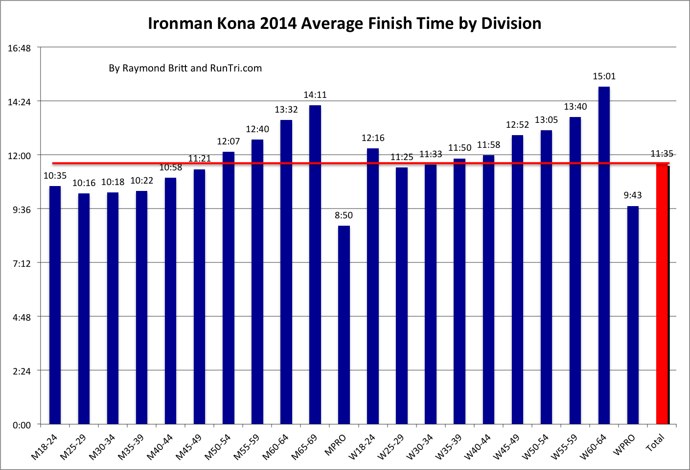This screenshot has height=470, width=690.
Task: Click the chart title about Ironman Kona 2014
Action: point(345,23)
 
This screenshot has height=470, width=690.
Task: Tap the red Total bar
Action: point(662,294)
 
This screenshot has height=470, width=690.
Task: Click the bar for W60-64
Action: point(604,255)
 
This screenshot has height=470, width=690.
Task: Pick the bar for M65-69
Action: point(315,264)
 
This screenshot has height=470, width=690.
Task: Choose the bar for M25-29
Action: point(84,308)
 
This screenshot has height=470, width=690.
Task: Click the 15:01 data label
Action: point(604,76)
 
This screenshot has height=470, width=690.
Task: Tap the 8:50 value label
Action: point(344,215)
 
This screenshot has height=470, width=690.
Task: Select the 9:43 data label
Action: point(632,195)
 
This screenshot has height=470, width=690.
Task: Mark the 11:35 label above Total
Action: point(662,154)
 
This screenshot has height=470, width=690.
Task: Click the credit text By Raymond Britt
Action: point(185,68)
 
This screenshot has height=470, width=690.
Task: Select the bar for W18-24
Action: point(373,286)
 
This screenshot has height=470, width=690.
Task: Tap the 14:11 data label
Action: point(315,95)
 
